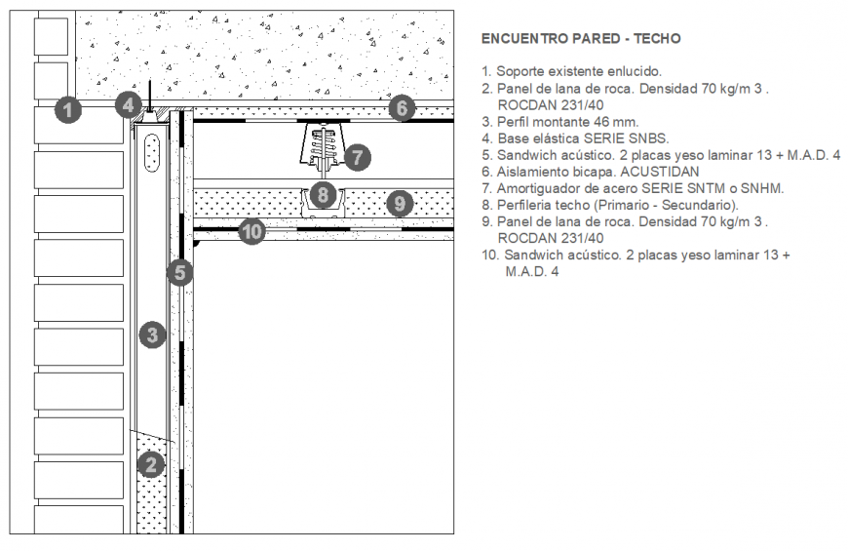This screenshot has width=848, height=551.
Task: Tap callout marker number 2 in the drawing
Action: tap(150, 465)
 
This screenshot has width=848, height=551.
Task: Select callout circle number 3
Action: tap(150, 335)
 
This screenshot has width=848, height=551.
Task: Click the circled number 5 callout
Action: tap(178, 272)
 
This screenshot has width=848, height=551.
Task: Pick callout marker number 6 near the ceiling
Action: tap(402, 108)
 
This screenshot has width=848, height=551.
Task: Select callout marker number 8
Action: tap(324, 193)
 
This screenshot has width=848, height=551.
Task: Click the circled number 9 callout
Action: tap(399, 204)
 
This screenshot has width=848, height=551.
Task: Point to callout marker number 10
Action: tap(251, 232)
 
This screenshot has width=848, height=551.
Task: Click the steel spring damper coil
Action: tap(324, 149)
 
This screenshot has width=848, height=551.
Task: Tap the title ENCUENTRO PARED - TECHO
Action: tap(581, 39)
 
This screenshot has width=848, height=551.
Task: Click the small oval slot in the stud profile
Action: tap(150, 153)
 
